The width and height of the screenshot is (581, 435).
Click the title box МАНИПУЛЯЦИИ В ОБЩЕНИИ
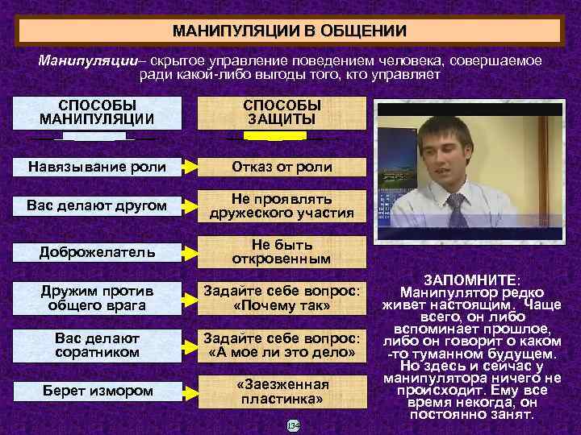pyautogui.click(x=290, y=31)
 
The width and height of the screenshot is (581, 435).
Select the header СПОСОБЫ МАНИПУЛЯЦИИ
pyautogui.click(x=98, y=113)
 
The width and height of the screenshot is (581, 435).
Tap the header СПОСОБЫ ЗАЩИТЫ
pyautogui.click(x=282, y=113)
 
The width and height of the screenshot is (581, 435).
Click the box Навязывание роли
pyautogui.click(x=97, y=167)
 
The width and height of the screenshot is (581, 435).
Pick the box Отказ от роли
pyautogui.click(x=282, y=167)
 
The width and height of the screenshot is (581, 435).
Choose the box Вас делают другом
pyautogui.click(x=97, y=205)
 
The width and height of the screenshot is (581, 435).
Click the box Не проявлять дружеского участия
pyautogui.click(x=282, y=205)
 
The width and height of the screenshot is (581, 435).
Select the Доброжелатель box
pyautogui.click(x=97, y=251)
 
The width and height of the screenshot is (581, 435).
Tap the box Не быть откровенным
pyautogui.click(x=282, y=251)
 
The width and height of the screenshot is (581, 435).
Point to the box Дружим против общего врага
pyautogui.click(x=97, y=297)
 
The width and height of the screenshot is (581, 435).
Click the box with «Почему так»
pyautogui.click(x=282, y=297)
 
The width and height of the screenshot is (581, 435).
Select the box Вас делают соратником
pyautogui.click(x=97, y=345)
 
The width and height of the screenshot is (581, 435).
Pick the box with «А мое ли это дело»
pyautogui.click(x=282, y=345)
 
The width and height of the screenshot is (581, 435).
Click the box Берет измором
pyautogui.click(x=97, y=391)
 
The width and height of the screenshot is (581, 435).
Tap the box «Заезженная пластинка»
pyautogui.click(x=282, y=391)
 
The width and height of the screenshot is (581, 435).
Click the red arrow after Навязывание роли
pyautogui.click(x=190, y=167)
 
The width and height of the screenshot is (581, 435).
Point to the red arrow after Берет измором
pyautogui.click(x=190, y=391)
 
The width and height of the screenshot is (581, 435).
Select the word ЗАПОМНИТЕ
pyautogui.click(x=471, y=278)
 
